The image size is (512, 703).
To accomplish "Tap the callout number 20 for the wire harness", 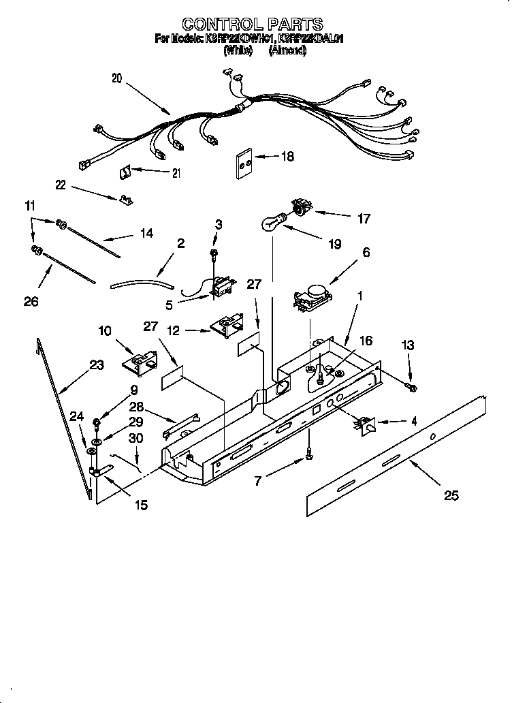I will coord(116,78).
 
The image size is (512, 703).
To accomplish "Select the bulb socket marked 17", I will coord(300,205).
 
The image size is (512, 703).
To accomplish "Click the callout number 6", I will coord(366,252).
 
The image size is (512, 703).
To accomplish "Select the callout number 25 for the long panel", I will coord(451,495).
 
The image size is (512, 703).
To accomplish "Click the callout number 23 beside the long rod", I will coord(96,365).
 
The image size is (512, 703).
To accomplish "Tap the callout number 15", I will coord(142,505).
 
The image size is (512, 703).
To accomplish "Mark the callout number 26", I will coord(31,301).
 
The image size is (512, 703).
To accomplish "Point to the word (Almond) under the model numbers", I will coord(288,50).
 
